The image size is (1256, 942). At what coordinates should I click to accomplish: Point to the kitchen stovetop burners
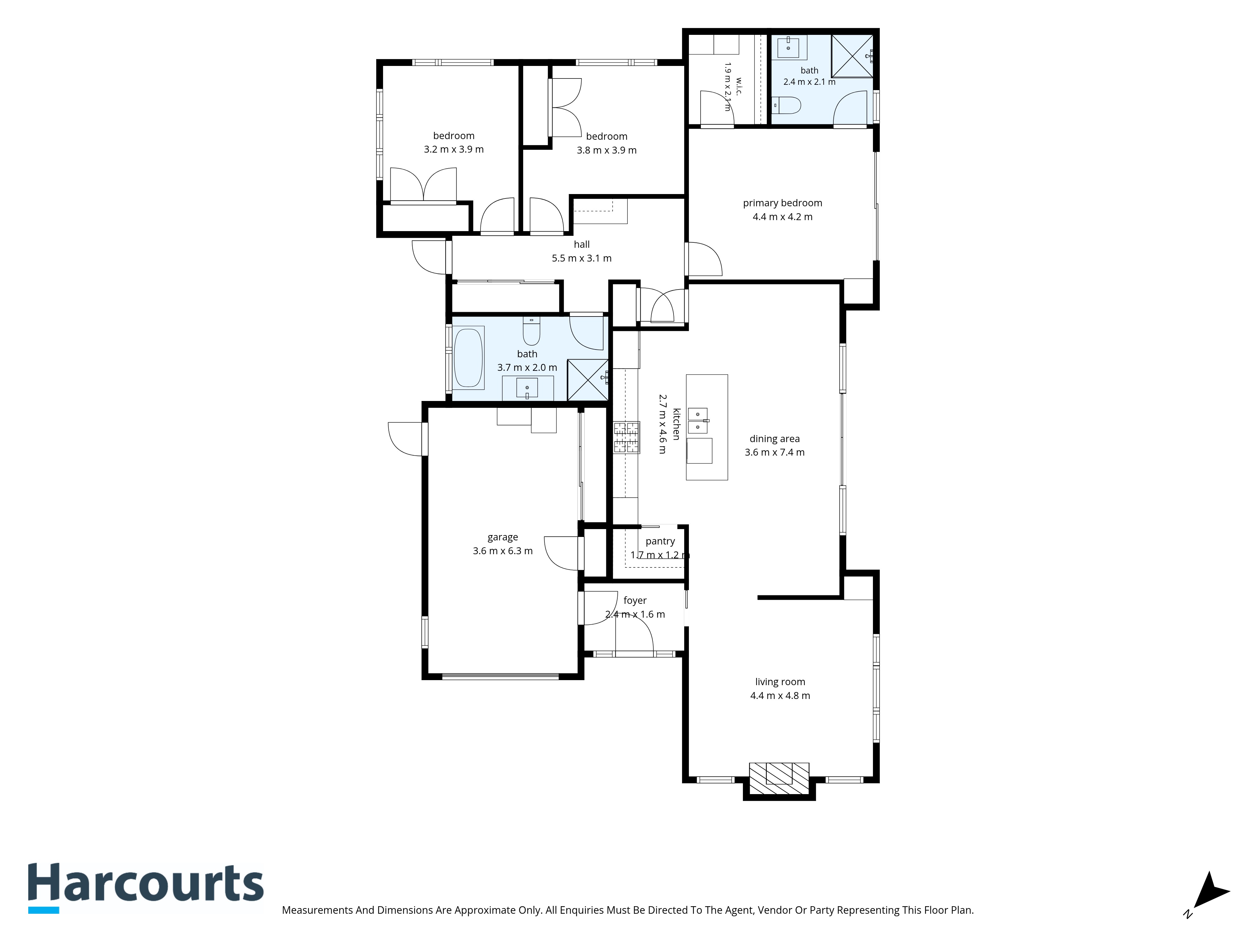(x=626, y=437)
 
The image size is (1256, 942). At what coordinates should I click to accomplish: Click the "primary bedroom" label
(x=782, y=203)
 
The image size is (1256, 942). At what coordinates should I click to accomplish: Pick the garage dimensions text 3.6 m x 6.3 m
(x=502, y=551)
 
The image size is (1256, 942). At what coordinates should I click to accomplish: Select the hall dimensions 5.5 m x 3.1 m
(x=582, y=258)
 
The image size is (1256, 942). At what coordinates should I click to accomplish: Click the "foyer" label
(x=635, y=600)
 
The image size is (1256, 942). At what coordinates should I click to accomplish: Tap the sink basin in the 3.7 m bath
(x=527, y=387)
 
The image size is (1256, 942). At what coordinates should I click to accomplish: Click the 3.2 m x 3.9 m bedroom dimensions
(x=454, y=149)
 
